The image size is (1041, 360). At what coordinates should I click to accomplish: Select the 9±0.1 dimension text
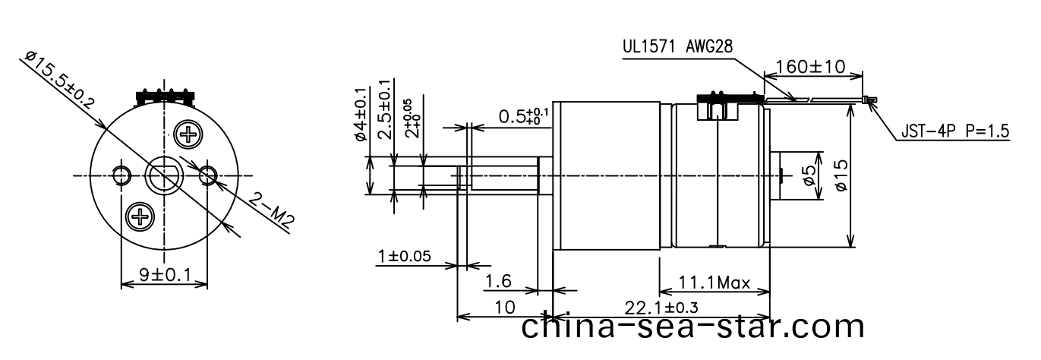[164, 274]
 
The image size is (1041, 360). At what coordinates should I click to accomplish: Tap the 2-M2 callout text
[272, 211]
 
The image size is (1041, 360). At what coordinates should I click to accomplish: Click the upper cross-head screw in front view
[187, 136]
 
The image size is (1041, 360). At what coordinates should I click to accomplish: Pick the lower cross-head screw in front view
[140, 218]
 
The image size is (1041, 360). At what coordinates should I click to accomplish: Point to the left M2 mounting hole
[121, 176]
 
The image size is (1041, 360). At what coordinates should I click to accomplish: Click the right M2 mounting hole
[207, 176]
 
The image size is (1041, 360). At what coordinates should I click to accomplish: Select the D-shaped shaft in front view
[164, 176]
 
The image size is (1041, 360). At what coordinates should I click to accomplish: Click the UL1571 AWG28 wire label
[677, 46]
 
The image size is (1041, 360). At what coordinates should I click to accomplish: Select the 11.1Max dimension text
[714, 284]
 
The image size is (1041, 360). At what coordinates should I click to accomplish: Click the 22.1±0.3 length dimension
[661, 307]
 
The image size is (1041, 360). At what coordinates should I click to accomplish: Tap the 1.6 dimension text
[498, 283]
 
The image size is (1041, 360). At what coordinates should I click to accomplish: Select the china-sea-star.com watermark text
[693, 327]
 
